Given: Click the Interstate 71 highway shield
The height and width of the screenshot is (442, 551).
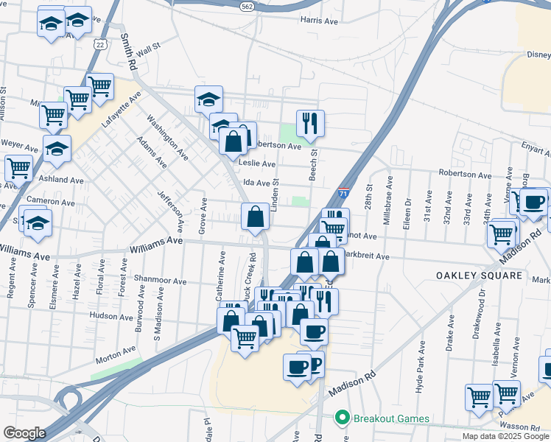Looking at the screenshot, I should click(x=343, y=194).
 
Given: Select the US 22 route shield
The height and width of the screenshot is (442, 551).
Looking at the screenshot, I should click(x=99, y=43).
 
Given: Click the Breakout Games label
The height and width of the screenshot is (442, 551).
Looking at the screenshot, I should click(x=391, y=418).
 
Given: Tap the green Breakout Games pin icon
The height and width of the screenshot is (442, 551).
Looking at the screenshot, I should click(x=342, y=418).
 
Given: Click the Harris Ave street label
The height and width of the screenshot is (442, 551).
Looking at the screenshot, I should click(x=319, y=21).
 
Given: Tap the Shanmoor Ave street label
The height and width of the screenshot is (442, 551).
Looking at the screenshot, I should click(x=162, y=280).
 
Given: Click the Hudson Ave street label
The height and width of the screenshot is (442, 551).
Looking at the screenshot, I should click(x=110, y=315).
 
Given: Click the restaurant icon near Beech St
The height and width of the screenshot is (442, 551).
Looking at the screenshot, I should click(x=309, y=123).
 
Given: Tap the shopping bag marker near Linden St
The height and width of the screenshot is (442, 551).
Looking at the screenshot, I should click(x=255, y=217).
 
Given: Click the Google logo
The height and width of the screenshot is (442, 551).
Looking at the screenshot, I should click(x=24, y=433).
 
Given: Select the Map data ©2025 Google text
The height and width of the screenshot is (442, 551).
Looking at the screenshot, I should click(x=506, y=436).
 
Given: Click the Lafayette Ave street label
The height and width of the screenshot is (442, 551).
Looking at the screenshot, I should click(x=121, y=110).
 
